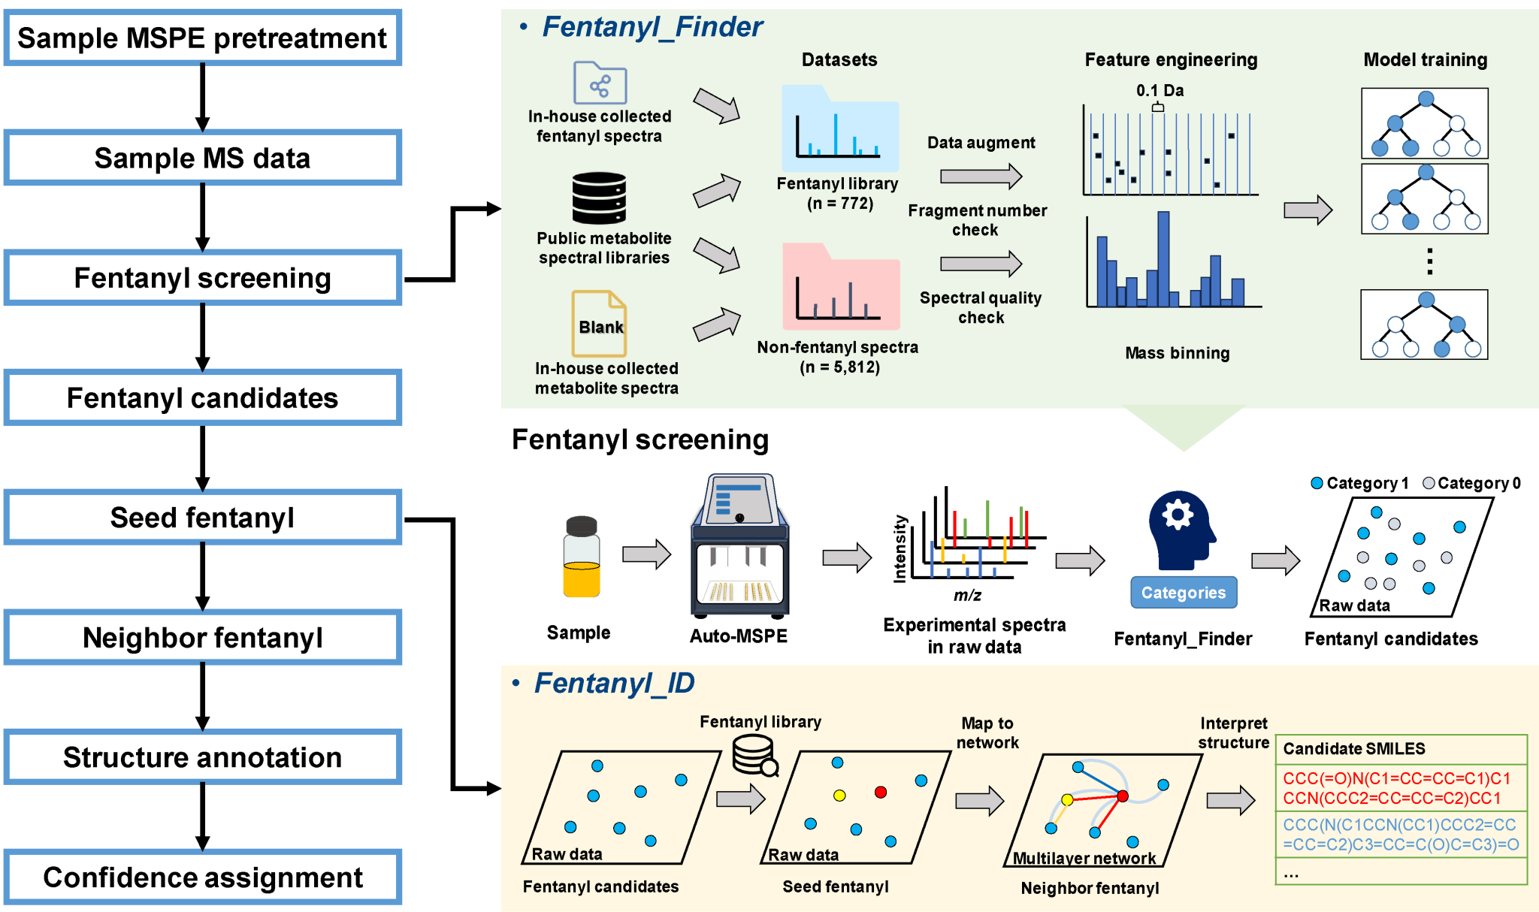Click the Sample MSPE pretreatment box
[202, 38]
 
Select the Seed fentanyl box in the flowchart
[202, 518]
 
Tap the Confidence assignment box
[202, 877]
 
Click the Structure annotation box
[202, 757]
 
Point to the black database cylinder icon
[599, 198]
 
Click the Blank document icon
[599, 324]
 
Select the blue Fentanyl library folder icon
[840, 129]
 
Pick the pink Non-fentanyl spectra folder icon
[841, 287]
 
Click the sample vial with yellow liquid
[582, 557]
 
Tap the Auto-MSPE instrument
[739, 545]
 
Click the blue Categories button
[1184, 593]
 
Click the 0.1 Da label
[1160, 91]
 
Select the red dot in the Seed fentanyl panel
[881, 792]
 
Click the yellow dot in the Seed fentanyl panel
[839, 796]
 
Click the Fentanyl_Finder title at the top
[652, 27]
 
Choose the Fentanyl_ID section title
[613, 683]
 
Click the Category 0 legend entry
[1471, 483]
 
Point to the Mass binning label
[1177, 353]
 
